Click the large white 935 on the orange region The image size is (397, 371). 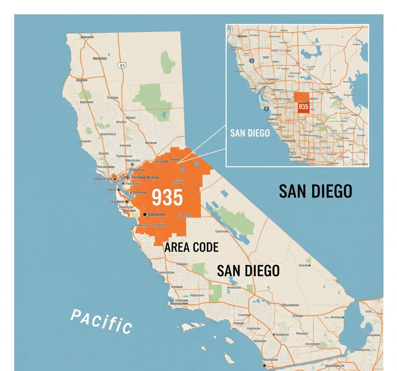167,197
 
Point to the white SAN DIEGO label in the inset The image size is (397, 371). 250,133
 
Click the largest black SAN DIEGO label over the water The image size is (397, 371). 315,191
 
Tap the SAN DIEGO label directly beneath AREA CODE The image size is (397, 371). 248,270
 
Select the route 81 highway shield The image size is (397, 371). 122,66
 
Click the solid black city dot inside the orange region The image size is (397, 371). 145,214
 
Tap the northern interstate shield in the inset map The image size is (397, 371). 252,61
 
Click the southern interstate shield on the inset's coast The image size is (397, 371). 266,109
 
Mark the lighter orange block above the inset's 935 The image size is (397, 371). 304,97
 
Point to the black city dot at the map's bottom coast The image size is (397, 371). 264,366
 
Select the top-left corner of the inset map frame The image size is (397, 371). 226,25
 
